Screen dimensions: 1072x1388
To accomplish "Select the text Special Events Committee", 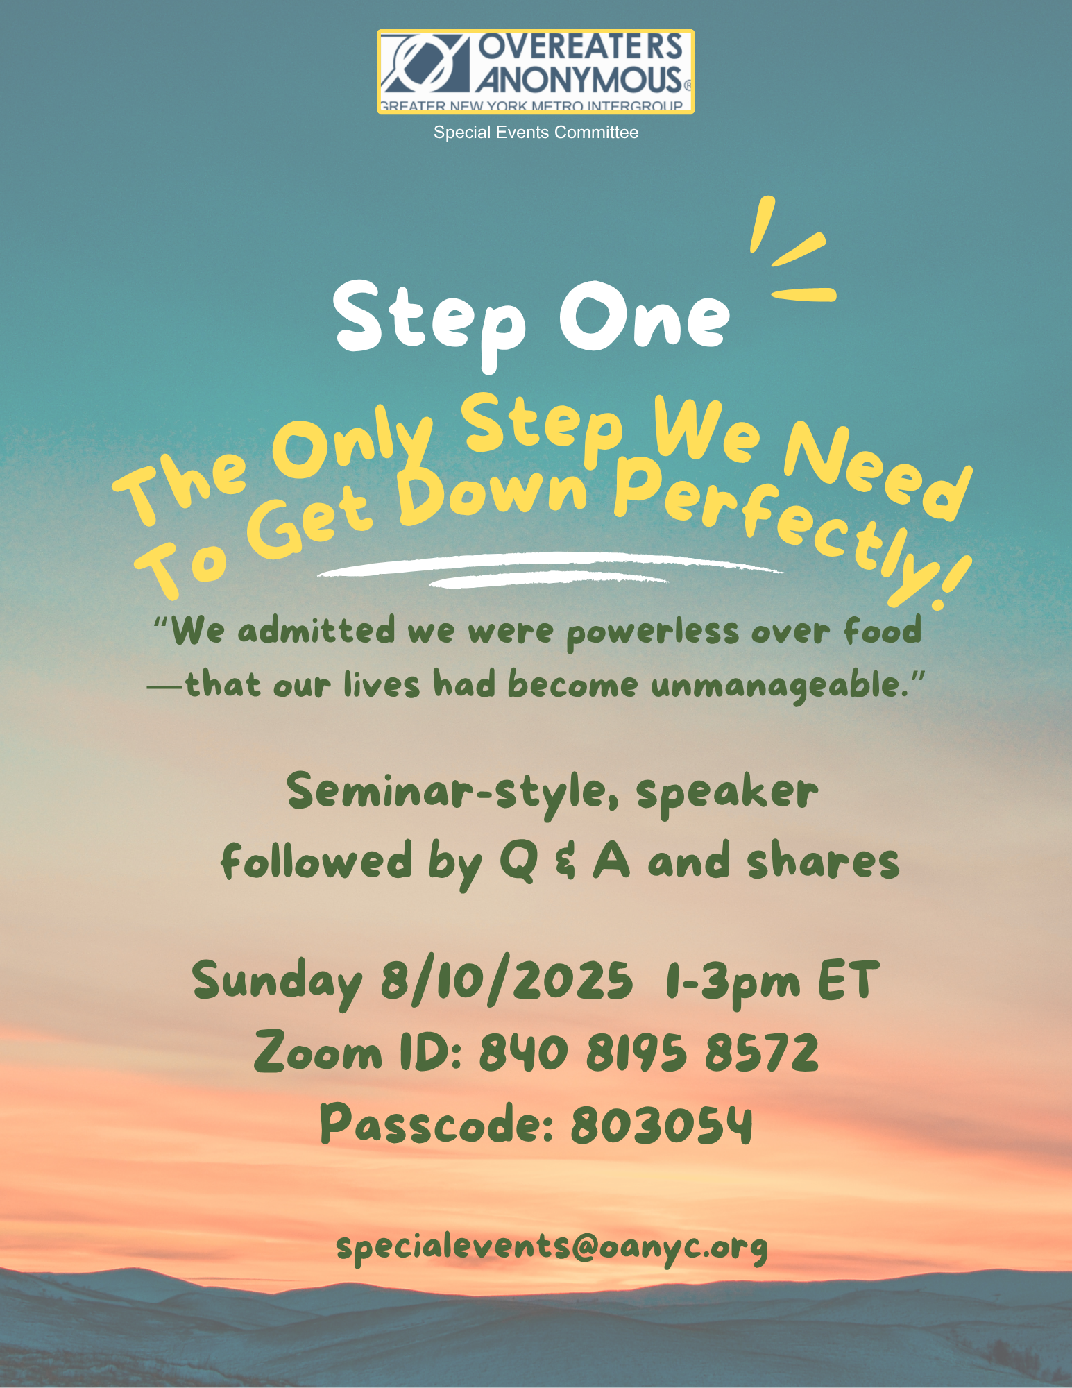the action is pos(536,133).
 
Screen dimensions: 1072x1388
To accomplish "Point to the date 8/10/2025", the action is pos(507,981).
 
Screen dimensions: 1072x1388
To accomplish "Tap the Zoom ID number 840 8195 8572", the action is pos(649,1052).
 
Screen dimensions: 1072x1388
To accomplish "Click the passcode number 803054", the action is pos(661,1124).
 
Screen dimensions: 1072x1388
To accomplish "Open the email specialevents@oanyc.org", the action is pos(552,1247).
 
